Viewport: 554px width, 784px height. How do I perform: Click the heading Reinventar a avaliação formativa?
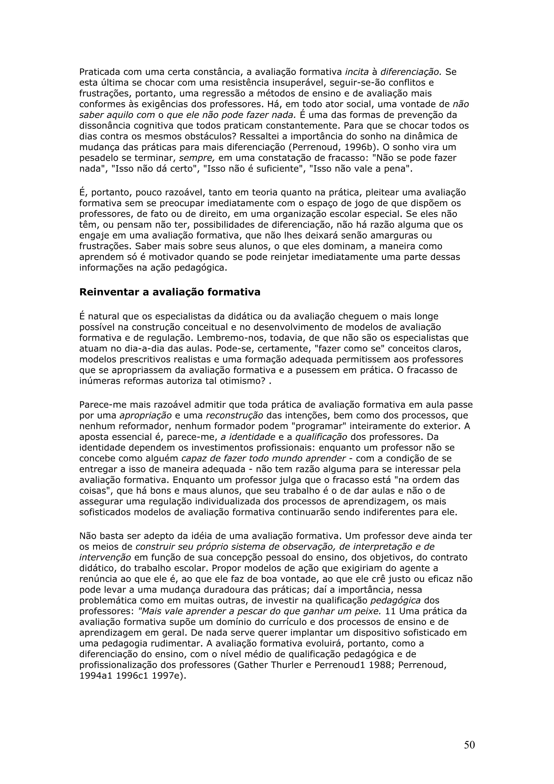170,292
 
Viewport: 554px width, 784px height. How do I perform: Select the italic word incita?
357,72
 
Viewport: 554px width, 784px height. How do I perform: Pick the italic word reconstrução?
235,416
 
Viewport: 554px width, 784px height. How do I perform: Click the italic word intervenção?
105,558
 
